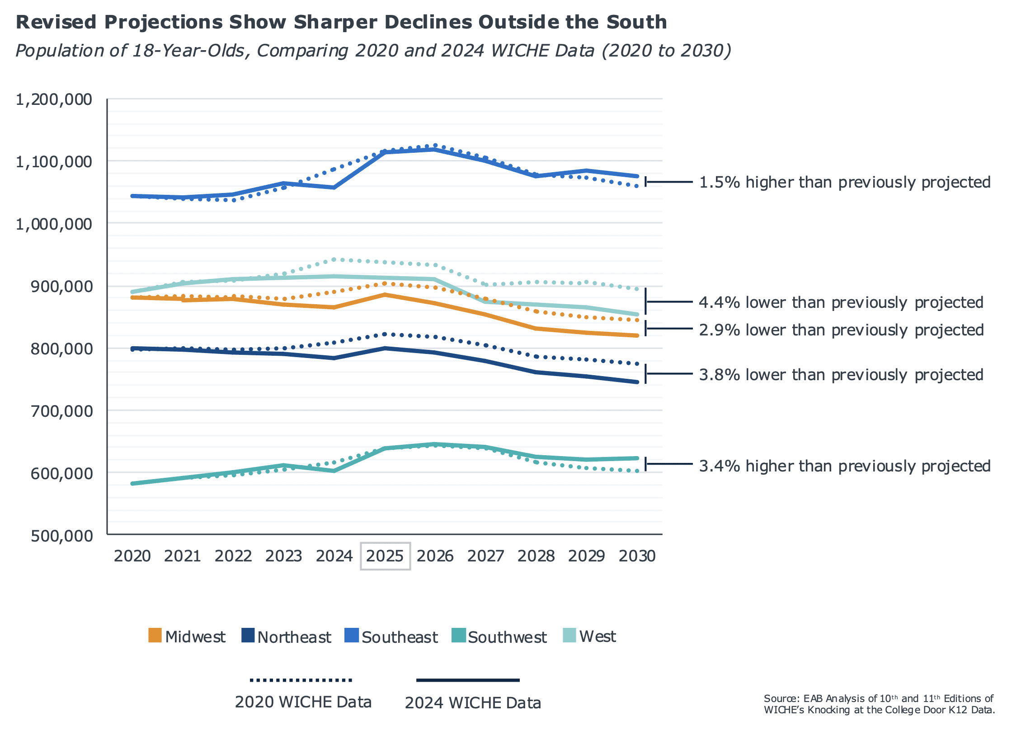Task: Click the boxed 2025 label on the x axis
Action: tap(385, 556)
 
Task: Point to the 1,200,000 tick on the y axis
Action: tap(54, 99)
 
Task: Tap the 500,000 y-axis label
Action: tap(61, 536)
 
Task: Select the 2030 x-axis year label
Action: tap(637, 556)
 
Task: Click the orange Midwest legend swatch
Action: tap(155, 636)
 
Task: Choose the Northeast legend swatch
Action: tap(248, 636)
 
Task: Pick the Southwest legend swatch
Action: tap(459, 636)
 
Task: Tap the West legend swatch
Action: tap(569, 636)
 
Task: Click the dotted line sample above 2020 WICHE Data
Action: tap(301, 680)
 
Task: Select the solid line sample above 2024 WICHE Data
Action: tap(468, 680)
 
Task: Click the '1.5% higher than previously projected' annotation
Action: tap(845, 182)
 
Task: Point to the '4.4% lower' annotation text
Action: tap(841, 302)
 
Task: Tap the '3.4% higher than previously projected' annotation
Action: tap(845, 466)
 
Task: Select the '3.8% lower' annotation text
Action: tap(841, 375)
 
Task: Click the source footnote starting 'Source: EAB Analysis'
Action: tap(879, 704)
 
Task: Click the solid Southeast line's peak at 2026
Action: tap(435, 149)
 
